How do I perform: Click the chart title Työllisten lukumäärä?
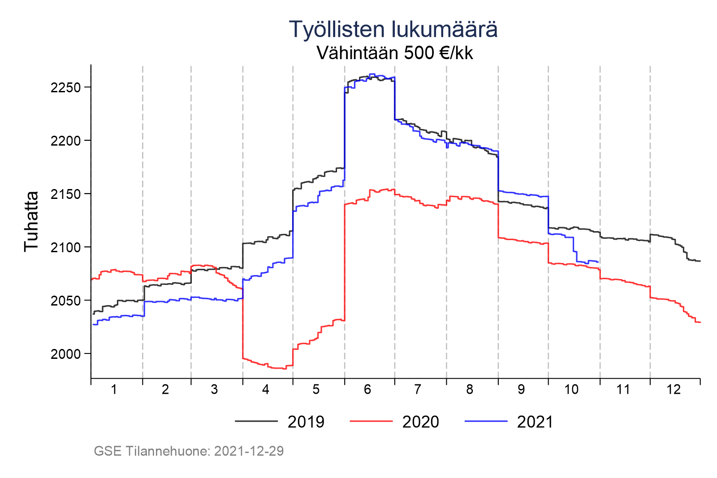393,30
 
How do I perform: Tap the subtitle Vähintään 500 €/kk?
394,53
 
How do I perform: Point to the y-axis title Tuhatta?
31,221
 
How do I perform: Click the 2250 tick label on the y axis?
65,87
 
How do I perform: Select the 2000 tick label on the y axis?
65,354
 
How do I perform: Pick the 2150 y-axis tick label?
65,194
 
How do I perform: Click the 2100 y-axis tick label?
65,247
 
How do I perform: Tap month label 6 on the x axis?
367,390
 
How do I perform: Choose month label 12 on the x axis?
673,390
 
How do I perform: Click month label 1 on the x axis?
114,390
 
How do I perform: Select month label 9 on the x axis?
521,390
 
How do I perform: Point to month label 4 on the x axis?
266,390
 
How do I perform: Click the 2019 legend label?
306,422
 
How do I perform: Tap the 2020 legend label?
421,422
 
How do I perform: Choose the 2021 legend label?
535,422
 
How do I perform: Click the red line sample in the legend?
371,421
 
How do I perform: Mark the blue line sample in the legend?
486,421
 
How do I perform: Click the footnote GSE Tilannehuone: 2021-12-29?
189,451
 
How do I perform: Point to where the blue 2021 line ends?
599,262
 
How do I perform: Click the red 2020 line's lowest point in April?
284,369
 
